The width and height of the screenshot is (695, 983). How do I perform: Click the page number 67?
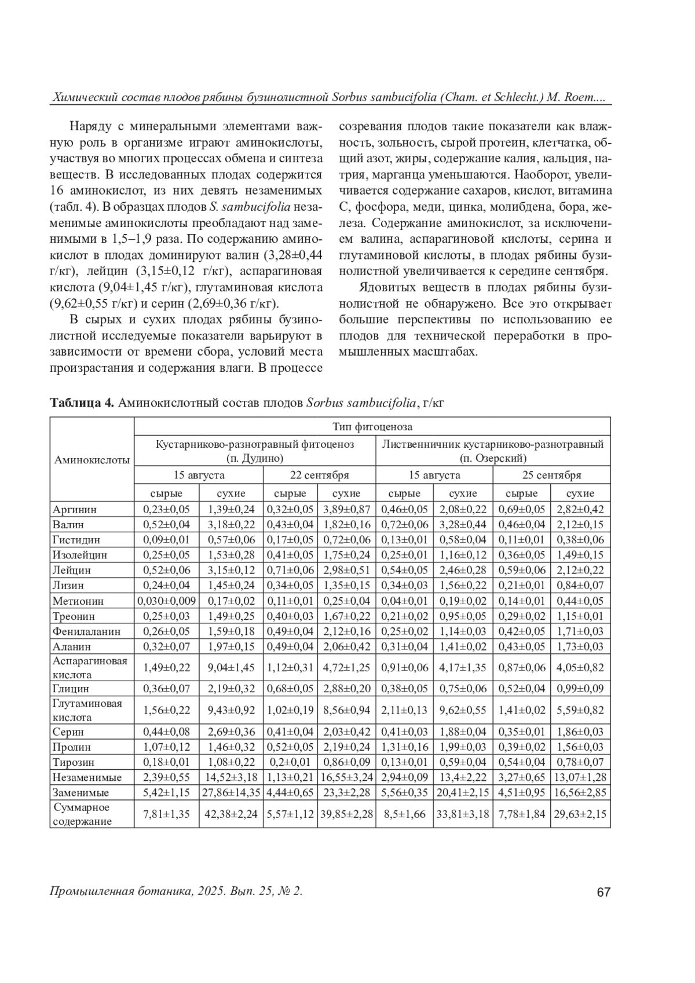tap(603, 893)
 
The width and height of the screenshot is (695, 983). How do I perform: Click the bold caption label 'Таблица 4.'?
tap(82, 403)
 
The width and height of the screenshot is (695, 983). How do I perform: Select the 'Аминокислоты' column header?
tap(92, 460)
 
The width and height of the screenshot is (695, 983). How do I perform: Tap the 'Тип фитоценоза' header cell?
tap(372, 427)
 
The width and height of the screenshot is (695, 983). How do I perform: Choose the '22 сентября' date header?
tap(319, 475)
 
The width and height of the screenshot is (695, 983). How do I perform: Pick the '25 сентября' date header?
tap(551, 475)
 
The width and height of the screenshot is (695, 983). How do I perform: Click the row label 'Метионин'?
tap(78, 601)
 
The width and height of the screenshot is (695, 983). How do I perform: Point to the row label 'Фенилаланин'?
tap(86, 631)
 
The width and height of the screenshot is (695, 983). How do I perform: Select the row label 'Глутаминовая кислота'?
tap(87, 710)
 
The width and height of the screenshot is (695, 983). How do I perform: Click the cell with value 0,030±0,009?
tap(167, 601)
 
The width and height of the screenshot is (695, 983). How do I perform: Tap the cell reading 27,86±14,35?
tap(231, 792)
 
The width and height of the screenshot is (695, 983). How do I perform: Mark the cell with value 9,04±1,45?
tap(231, 668)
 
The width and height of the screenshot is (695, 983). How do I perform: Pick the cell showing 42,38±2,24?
tap(231, 814)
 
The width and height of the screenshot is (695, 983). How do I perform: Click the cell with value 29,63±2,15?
tap(580, 814)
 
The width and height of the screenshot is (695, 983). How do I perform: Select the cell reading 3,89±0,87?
tap(346, 510)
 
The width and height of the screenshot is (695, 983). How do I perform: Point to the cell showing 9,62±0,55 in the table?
tap(463, 710)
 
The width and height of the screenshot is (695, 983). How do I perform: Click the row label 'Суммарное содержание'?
tap(82, 814)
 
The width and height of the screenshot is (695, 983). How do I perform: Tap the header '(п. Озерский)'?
tap(493, 458)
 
